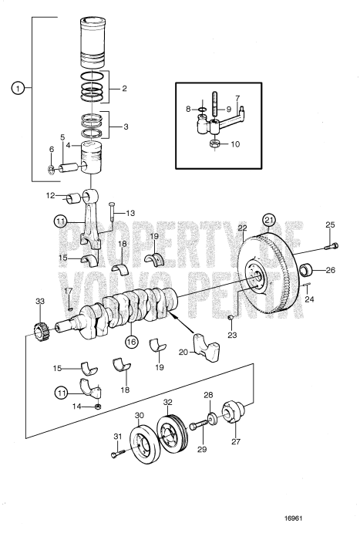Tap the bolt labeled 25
coord(332,246)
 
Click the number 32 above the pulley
coord(167,403)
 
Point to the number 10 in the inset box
coord(236,144)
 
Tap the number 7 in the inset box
coord(237,98)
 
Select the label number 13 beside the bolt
coord(130,212)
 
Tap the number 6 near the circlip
coord(52,149)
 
